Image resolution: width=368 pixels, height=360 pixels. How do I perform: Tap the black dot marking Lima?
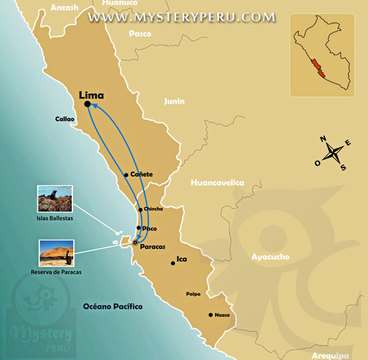click(x=87, y=104)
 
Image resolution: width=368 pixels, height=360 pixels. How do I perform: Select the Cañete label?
click(x=141, y=174)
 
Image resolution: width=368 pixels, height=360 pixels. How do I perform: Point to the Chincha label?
click(x=153, y=209)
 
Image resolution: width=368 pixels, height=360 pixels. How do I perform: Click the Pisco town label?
click(x=149, y=228)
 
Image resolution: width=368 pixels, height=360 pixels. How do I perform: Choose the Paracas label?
click(x=153, y=246)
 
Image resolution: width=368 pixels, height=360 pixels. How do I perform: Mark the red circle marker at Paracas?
click(x=135, y=243)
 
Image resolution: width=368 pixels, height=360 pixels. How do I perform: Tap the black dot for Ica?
click(x=173, y=263)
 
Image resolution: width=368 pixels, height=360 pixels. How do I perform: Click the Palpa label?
click(x=193, y=292)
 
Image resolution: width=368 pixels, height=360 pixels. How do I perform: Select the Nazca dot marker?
click(x=211, y=314)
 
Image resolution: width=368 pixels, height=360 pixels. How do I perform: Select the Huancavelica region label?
click(x=217, y=182)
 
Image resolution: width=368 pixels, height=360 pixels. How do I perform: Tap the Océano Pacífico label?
click(x=113, y=306)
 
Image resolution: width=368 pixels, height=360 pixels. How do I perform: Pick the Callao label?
click(x=65, y=120)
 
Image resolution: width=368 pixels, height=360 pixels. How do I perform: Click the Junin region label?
click(x=174, y=102)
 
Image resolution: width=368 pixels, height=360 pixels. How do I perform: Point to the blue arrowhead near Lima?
click(x=94, y=105)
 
